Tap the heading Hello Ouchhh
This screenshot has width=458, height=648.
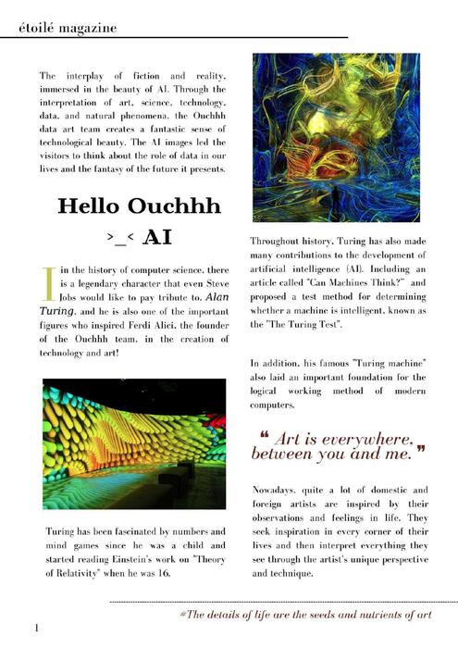coord(127,206)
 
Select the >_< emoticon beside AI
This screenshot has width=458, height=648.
coord(121,238)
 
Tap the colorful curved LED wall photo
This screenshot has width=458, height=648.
coord(134,442)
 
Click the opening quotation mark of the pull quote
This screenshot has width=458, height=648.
coord(265,435)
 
